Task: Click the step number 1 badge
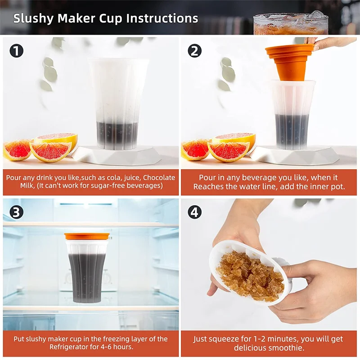17,51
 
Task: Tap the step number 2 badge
195,51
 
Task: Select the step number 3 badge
17,212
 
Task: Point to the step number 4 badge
195,212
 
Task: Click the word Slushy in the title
33,18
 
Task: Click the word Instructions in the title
162,18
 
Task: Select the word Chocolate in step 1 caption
159,177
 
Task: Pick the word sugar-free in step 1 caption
108,185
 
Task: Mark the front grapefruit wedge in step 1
50,152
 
